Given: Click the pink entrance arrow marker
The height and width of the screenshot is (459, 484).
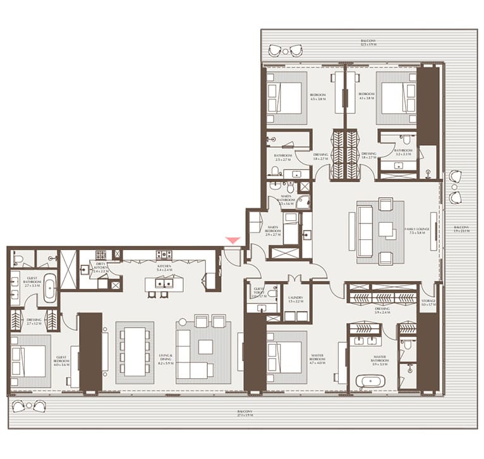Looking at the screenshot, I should point(233,240).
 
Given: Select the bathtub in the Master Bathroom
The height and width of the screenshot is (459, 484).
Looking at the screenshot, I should point(366,381).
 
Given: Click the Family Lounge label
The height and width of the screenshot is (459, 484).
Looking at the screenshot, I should point(418,230).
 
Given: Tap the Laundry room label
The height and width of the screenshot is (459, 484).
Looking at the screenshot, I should point(296,299).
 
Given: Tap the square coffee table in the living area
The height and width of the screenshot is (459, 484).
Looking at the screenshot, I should point(205,347).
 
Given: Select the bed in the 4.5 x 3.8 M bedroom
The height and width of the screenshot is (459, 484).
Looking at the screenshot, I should point(286,98).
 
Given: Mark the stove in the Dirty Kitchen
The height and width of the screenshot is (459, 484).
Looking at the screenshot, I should point(100,255).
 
